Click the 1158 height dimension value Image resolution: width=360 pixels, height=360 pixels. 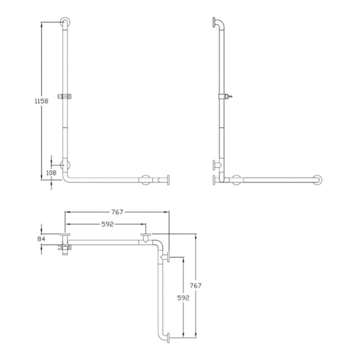point(41,101)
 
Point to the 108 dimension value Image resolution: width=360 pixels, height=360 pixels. point(51,173)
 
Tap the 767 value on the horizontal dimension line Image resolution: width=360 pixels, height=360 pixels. point(117,211)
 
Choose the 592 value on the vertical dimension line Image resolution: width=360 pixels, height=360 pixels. point(183,297)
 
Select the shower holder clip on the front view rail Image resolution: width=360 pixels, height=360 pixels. point(65,96)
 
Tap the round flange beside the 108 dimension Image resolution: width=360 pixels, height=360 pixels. point(65,165)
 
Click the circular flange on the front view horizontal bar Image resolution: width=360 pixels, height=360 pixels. point(146,180)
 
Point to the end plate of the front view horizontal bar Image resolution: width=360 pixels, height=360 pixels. point(168,180)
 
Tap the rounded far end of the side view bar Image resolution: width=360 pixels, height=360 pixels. point(319,180)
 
